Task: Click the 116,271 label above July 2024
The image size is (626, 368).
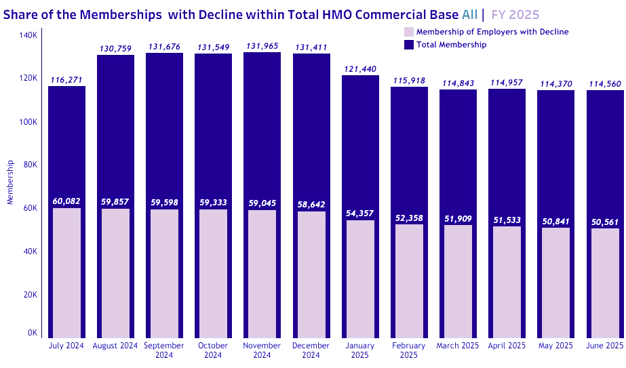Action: pyautogui.click(x=66, y=80)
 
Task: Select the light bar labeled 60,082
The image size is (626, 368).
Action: pyautogui.click(x=66, y=271)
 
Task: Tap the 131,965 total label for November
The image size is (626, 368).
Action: pyautogui.click(x=262, y=46)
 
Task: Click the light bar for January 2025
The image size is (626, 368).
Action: pyautogui.click(x=360, y=278)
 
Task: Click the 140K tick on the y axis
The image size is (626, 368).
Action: pyautogui.click(x=27, y=35)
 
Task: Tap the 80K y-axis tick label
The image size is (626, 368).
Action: pyautogui.click(x=29, y=165)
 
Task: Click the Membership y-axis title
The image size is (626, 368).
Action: pyautogui.click(x=9, y=182)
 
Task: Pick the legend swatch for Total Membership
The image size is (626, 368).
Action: pyautogui.click(x=408, y=45)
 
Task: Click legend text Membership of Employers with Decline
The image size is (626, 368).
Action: pyautogui.click(x=492, y=32)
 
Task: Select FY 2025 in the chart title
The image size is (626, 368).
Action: pyautogui.click(x=515, y=14)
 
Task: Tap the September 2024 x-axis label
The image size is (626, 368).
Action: pyautogui.click(x=164, y=350)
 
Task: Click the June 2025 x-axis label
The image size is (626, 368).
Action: pyautogui.click(x=604, y=346)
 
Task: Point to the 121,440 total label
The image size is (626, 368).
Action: pyautogui.click(x=360, y=69)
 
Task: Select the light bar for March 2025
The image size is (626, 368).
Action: pyautogui.click(x=458, y=281)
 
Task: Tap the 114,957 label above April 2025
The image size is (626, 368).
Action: pyautogui.click(x=507, y=83)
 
